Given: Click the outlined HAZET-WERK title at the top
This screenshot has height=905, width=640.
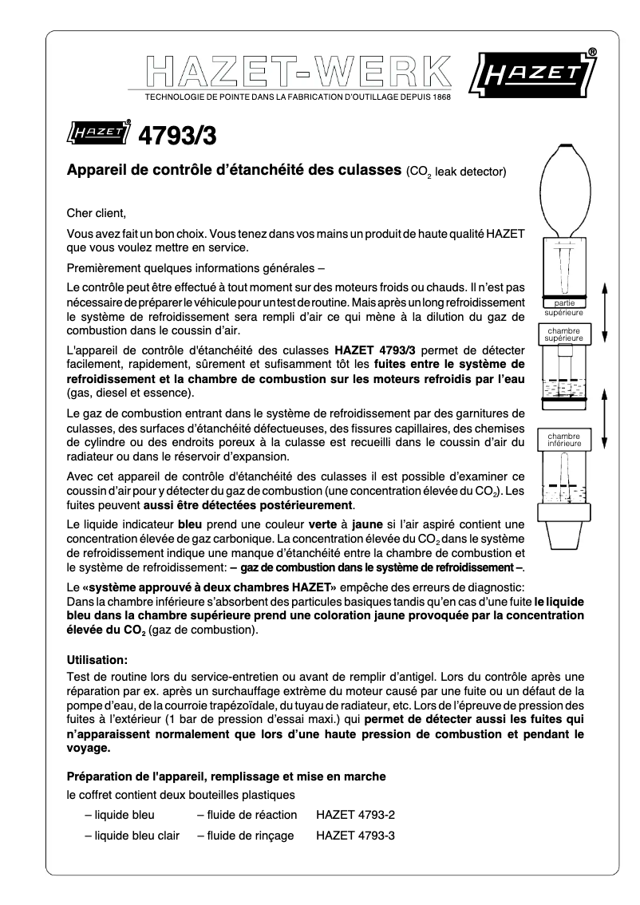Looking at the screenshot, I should (x=298, y=73).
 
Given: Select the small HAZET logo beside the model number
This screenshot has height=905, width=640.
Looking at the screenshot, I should (x=99, y=132).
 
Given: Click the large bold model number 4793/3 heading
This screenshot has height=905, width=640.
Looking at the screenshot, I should (x=177, y=135).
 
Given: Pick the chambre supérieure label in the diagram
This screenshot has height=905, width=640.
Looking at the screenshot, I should (x=565, y=334).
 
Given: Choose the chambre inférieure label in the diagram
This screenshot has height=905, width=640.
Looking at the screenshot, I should (x=565, y=440).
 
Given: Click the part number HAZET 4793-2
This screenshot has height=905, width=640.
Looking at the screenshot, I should (x=355, y=815).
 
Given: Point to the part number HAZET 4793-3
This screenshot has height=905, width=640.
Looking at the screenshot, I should (x=355, y=836).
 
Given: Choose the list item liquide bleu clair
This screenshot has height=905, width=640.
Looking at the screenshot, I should (x=132, y=836).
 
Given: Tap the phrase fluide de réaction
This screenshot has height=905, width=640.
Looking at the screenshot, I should (x=247, y=815).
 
